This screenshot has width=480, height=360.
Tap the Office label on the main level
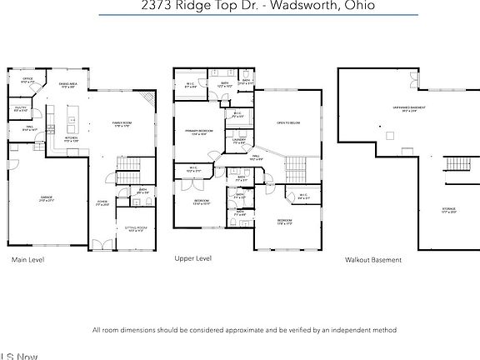tap(27, 80)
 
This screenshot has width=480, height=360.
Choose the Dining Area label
tap(68, 85)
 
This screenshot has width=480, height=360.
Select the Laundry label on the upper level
tap(239, 142)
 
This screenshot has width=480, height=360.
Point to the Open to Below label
tap(287, 123)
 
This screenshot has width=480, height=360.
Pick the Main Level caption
tap(27, 260)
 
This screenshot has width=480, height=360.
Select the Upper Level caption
tap(192, 259)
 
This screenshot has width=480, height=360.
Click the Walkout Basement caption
tap(373, 260)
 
